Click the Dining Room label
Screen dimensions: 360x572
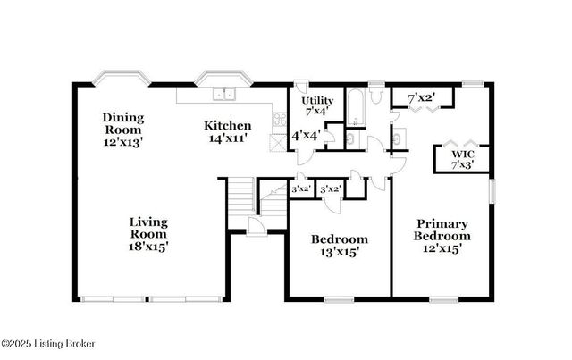tap(122, 130)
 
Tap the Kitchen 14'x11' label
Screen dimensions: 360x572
tap(227, 131)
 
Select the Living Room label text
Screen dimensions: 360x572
tap(148, 233)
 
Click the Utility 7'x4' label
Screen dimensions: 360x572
tap(316, 105)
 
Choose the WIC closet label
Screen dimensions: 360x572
tap(460, 159)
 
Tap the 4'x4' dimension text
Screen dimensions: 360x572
tap(307, 137)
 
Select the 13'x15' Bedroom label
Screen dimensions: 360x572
tap(339, 246)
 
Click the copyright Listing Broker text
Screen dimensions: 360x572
tap(48, 344)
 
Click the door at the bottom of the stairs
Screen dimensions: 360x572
tap(256, 229)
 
